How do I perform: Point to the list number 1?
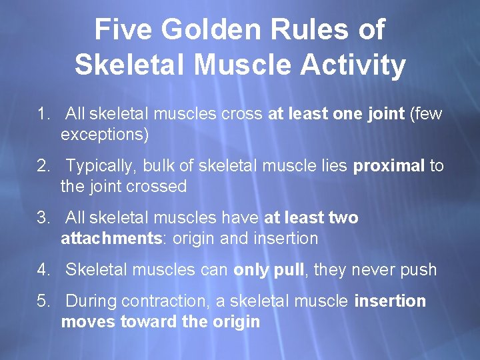click(x=44, y=114)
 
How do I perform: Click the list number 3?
click(x=44, y=218)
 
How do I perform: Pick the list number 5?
click(x=44, y=301)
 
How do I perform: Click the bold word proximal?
click(x=388, y=166)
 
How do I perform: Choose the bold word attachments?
click(x=113, y=239)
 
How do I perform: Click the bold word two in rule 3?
click(x=343, y=218)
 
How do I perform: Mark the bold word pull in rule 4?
click(x=289, y=270)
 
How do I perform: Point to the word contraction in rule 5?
click(x=174, y=301)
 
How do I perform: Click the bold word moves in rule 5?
click(x=88, y=322)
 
